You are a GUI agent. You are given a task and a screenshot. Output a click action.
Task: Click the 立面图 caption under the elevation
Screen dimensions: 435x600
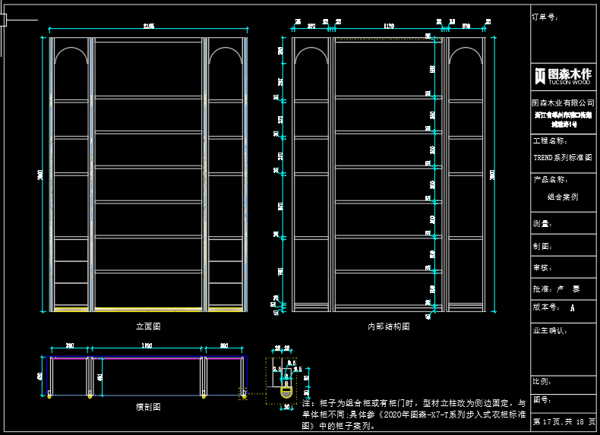pyautogui.click(x=148, y=326)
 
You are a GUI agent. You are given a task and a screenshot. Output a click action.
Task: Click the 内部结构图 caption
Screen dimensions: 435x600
pyautogui.click(x=389, y=326)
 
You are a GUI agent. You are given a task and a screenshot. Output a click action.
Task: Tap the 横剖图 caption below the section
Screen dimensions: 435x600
pyautogui.click(x=148, y=407)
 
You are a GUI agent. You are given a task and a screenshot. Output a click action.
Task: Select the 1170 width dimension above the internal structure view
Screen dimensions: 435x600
pyautogui.click(x=390, y=26)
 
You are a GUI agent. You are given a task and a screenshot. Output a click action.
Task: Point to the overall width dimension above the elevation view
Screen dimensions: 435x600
pyautogui.click(x=148, y=27)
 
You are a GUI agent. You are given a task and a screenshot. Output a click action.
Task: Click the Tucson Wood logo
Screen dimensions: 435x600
pyautogui.click(x=563, y=75)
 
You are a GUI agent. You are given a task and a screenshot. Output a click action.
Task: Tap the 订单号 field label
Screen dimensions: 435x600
pyautogui.click(x=545, y=16)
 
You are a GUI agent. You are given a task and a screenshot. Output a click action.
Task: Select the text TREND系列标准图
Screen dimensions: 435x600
pyautogui.click(x=562, y=158)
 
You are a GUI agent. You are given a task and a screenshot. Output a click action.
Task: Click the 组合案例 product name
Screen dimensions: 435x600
pyautogui.click(x=563, y=196)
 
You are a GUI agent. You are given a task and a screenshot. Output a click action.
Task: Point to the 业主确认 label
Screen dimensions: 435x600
pyautogui.click(x=550, y=331)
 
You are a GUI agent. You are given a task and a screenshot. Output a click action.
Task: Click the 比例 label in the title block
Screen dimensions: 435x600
pyautogui.click(x=542, y=382)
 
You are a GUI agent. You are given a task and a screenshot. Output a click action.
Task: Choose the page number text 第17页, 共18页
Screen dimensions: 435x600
pyautogui.click(x=564, y=421)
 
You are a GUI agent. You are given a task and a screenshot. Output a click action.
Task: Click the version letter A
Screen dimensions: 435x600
pyautogui.click(x=572, y=308)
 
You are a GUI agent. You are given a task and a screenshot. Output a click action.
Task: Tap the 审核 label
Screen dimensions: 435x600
pyautogui.click(x=542, y=268)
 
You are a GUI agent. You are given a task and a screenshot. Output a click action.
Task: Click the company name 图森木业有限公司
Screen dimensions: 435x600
pyautogui.click(x=563, y=102)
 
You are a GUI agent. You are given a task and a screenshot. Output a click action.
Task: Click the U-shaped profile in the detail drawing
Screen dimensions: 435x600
pyautogui.click(x=286, y=390)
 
